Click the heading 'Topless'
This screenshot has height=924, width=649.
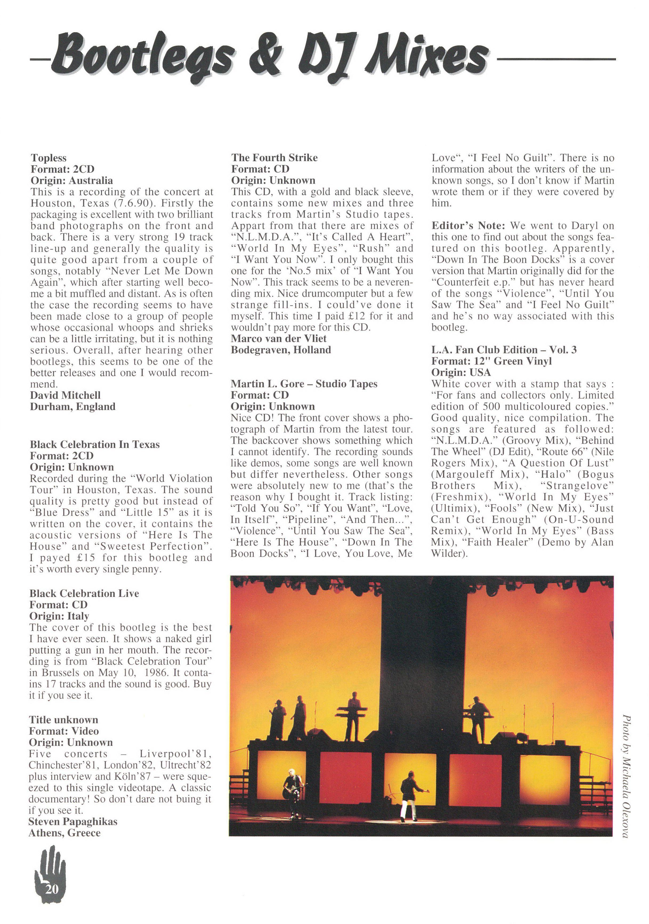coord(49,158)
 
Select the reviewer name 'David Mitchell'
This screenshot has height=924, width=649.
coord(65,395)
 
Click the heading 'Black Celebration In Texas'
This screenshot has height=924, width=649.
coord(95,444)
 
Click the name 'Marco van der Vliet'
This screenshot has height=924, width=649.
coord(279,338)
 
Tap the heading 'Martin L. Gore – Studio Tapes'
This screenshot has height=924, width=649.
coord(304,384)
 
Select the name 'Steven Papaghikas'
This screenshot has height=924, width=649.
coord(73,822)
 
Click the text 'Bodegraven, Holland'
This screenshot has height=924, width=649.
coord(281,350)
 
